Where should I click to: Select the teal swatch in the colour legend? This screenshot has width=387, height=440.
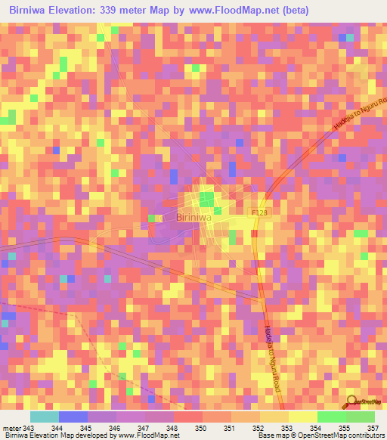(44, 417)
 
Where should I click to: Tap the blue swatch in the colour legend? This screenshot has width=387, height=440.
(73, 417)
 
